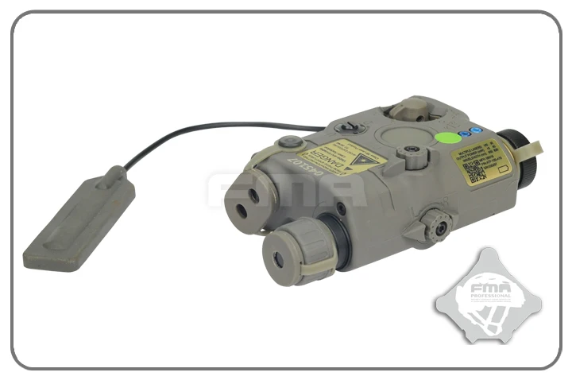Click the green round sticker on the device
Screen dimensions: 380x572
tap(449, 137)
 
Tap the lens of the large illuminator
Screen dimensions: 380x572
tap(279, 259)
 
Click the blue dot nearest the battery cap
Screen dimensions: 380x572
tap(477, 130)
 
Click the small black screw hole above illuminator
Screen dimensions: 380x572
tap(340, 208)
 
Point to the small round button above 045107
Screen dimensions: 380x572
tap(291, 142)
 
